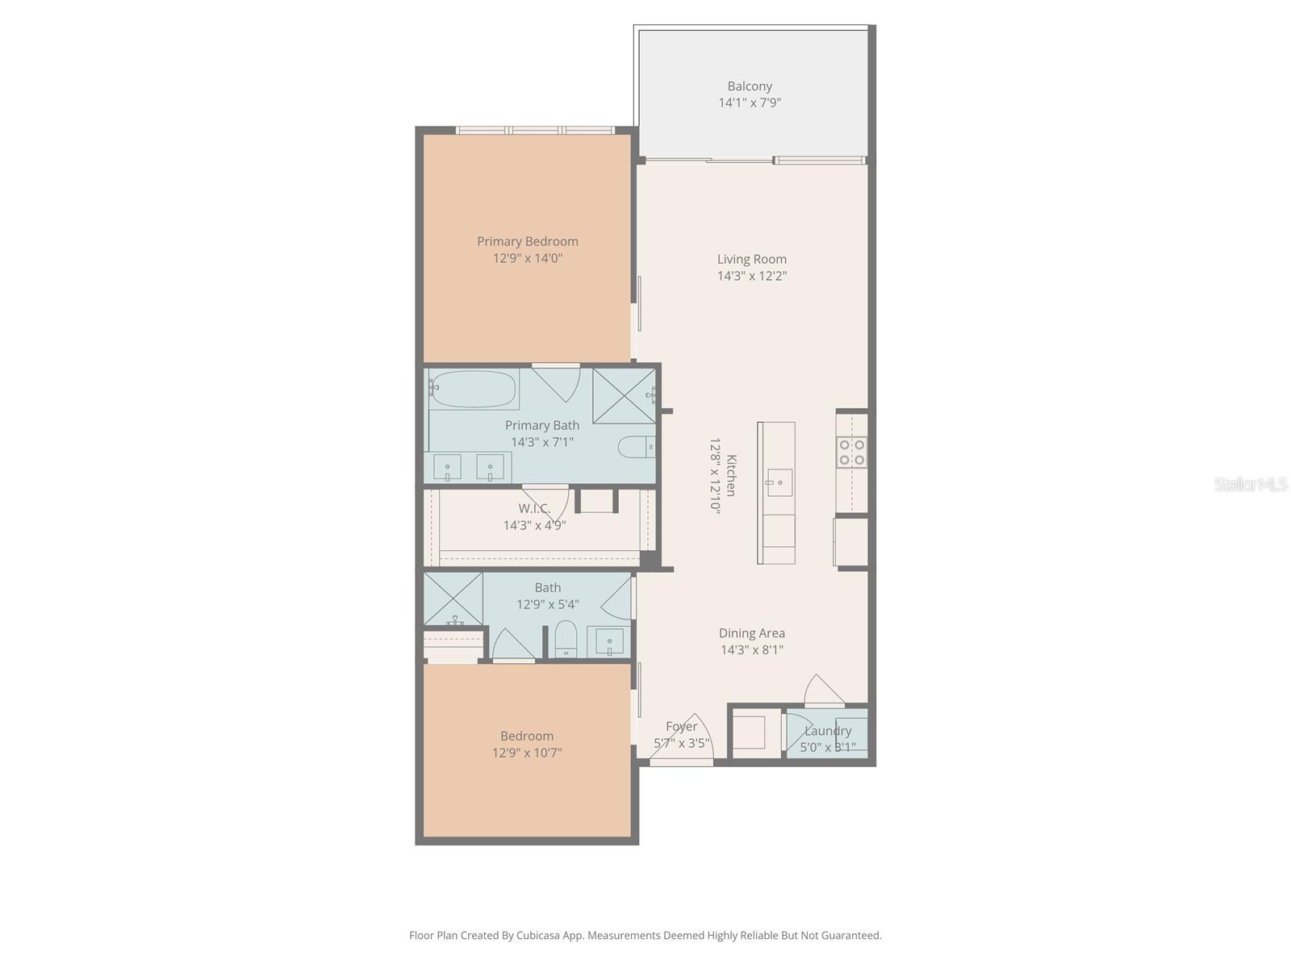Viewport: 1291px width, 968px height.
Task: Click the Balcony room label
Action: [x=750, y=86]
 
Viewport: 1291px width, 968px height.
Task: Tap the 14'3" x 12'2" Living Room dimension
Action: [x=751, y=276]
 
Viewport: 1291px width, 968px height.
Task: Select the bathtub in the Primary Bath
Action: [x=474, y=389]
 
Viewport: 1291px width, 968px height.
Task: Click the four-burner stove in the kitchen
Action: [x=852, y=452]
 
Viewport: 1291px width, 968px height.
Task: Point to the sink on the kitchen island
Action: [x=779, y=483]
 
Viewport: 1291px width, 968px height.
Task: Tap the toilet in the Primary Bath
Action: [x=636, y=446]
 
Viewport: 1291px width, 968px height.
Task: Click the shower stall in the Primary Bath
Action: [x=624, y=395]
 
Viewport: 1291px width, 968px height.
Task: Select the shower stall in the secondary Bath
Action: [x=453, y=598]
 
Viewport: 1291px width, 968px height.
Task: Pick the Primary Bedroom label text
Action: [x=527, y=241]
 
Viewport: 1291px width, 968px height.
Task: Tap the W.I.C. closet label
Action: [x=534, y=508]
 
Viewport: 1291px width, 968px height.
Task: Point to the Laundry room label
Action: [x=828, y=731]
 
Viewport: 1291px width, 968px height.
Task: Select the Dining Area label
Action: [x=751, y=633]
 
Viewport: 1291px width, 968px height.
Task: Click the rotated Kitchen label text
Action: [x=732, y=475]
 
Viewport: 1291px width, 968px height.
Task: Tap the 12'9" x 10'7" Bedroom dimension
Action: [x=527, y=753]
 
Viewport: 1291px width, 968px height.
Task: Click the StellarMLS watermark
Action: [x=1250, y=484]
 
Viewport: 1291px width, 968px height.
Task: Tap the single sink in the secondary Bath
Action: [x=609, y=642]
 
